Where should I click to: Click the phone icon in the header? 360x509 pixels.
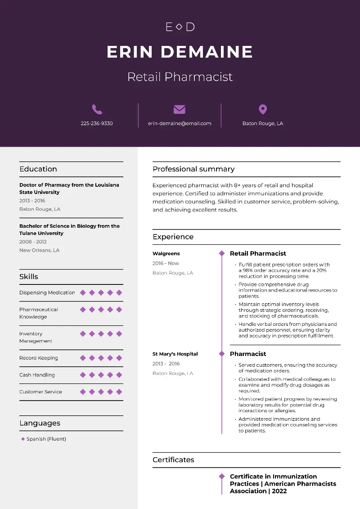[x=97, y=109]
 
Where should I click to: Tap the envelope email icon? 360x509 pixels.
[x=180, y=109]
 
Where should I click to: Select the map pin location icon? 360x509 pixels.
[x=263, y=109]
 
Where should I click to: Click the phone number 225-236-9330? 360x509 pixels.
[x=97, y=123]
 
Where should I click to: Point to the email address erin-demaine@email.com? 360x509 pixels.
[x=180, y=123]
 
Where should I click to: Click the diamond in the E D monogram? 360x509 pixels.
[x=179, y=27]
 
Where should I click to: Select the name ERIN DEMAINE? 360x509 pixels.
[x=180, y=52]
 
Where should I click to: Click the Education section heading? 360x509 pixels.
[x=38, y=169]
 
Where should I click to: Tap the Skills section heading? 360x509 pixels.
[x=29, y=277]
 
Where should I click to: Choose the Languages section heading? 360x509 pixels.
[x=40, y=423]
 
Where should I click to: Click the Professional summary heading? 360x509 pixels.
[x=193, y=169]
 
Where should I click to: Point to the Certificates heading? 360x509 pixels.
[x=173, y=460]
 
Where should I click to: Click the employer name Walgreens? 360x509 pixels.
[x=166, y=254]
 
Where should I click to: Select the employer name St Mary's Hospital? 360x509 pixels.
[x=175, y=354]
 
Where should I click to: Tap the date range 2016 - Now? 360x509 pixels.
[x=166, y=263]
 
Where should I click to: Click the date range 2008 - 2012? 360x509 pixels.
[x=33, y=242]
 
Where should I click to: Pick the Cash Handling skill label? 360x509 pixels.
[x=37, y=375]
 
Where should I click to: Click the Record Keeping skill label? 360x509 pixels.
[x=39, y=358]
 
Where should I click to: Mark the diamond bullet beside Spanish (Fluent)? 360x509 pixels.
[x=23, y=439]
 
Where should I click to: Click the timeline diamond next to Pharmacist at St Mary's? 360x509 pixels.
[x=221, y=354]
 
